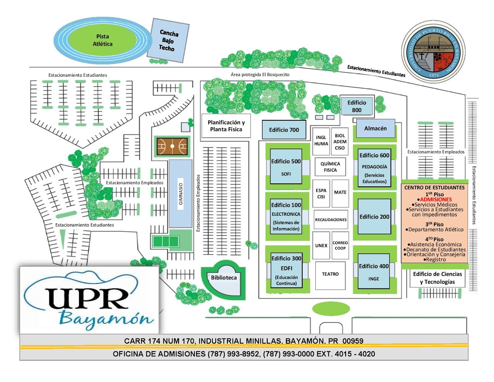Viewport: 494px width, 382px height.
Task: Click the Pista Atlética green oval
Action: tap(103, 40)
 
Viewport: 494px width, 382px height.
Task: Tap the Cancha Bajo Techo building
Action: tap(168, 40)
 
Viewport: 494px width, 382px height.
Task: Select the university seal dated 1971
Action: tap(433, 52)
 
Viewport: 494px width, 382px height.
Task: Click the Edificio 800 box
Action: tap(357, 106)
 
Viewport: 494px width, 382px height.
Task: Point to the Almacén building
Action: tap(375, 128)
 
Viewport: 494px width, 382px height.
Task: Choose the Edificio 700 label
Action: tap(284, 130)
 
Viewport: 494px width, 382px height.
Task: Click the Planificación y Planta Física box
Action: tap(226, 126)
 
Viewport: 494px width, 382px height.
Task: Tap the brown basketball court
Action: tap(172, 146)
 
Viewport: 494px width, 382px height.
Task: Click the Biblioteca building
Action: tap(224, 278)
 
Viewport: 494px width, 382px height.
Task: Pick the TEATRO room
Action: tap(330, 274)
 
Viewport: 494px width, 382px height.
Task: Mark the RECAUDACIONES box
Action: tap(331, 220)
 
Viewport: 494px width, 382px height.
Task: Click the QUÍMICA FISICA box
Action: tap(330, 167)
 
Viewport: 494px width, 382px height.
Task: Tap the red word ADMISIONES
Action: tap(436, 200)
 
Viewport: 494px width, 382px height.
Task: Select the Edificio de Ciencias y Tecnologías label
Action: tap(437, 278)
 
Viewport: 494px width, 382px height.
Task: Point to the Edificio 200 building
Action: tap(374, 217)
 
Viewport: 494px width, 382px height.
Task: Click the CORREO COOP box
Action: tap(340, 245)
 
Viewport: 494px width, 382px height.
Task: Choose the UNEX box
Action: tap(321, 245)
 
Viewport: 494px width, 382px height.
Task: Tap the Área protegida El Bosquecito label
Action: tap(260, 74)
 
